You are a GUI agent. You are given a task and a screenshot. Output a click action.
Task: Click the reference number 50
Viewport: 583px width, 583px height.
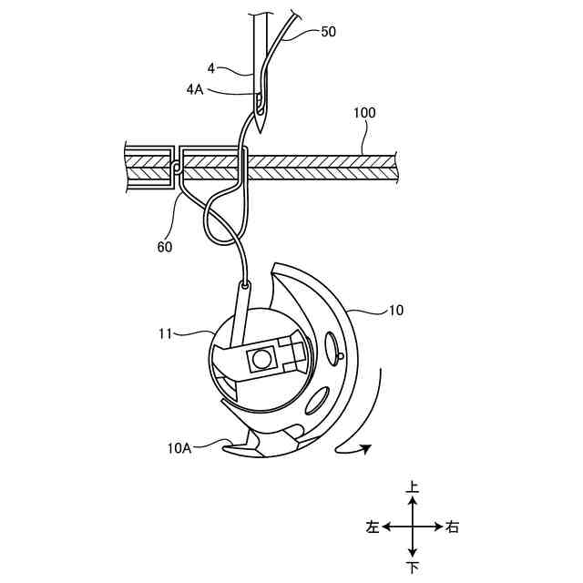tap(327, 32)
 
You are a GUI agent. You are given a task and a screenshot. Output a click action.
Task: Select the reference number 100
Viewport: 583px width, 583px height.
tap(363, 114)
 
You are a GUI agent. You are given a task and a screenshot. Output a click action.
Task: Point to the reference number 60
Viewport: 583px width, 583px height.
tap(165, 245)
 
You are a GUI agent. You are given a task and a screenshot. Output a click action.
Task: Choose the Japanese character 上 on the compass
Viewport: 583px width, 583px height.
tap(413, 489)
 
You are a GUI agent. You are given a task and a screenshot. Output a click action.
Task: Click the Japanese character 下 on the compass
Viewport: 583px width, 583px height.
tap(413, 568)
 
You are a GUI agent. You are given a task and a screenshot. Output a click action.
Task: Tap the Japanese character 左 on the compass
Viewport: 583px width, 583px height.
tap(373, 527)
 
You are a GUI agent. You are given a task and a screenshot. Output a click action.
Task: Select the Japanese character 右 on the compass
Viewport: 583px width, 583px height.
tap(453, 527)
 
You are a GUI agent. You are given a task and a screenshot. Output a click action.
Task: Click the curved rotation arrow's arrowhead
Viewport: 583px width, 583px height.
tap(366, 447)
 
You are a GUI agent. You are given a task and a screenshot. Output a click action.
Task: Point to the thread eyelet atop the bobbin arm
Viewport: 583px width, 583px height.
tap(245, 285)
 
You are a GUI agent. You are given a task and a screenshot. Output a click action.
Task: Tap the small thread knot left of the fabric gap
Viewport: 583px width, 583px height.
tap(175, 167)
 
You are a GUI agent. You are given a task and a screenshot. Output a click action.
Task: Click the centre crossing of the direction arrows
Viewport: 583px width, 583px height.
tap(413, 527)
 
